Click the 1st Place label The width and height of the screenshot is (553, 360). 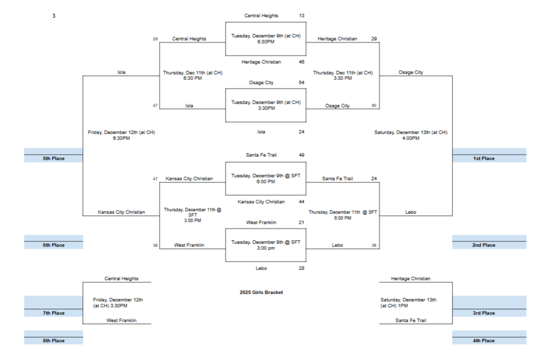coord(483,159)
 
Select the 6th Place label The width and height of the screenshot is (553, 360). coord(54,245)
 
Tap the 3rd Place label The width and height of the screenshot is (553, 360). coord(483,313)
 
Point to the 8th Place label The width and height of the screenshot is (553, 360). coord(54,341)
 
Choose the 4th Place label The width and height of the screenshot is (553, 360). coord(483,341)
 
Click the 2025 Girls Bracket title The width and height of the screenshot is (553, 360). coord(261,293)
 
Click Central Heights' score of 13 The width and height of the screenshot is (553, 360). coord(301,16)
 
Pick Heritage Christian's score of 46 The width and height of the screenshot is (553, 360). coord(301,62)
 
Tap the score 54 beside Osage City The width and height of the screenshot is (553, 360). coord(301,83)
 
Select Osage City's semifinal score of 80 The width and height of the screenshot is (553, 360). coord(374,106)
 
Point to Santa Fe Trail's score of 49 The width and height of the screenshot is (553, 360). coord(301,155)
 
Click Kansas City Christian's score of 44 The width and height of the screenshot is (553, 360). coord(301,202)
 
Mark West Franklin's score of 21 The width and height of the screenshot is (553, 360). coord(301,222)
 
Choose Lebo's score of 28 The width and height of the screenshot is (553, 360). coord(301,268)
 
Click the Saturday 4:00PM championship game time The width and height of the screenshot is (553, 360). coord(410,135)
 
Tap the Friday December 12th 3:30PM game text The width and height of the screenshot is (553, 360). coord(118,303)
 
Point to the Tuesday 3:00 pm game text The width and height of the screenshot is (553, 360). coord(266,246)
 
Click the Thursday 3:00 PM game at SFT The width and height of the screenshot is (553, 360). coord(193,215)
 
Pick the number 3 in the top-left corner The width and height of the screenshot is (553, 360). coord(53,16)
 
